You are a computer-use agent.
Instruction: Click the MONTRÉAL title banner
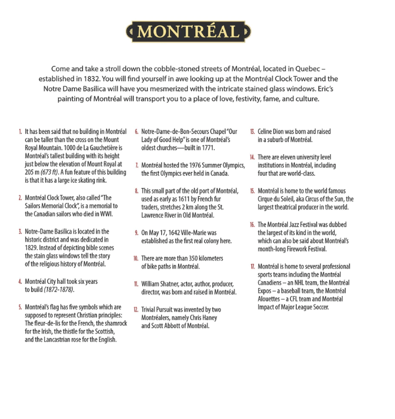click(x=188, y=32)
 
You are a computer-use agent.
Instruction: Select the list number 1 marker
click(x=20, y=132)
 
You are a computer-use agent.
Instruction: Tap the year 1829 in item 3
click(x=32, y=248)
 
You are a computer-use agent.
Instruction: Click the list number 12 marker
click(x=137, y=310)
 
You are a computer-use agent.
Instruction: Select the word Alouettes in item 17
click(x=272, y=299)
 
